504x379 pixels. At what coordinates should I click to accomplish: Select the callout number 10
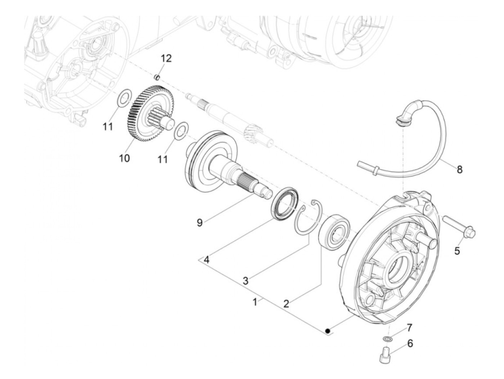125,158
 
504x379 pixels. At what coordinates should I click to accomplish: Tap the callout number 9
199,223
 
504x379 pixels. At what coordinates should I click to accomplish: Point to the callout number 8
460,169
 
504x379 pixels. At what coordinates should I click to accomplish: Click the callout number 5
457,251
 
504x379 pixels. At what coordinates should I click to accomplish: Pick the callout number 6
410,343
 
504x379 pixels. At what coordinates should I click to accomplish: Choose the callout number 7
410,327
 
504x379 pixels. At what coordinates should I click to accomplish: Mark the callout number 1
255,302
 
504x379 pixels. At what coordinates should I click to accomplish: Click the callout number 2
286,303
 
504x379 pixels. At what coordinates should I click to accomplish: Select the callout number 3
245,281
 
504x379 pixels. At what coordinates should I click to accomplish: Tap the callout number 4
206,259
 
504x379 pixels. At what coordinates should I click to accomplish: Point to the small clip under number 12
157,77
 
